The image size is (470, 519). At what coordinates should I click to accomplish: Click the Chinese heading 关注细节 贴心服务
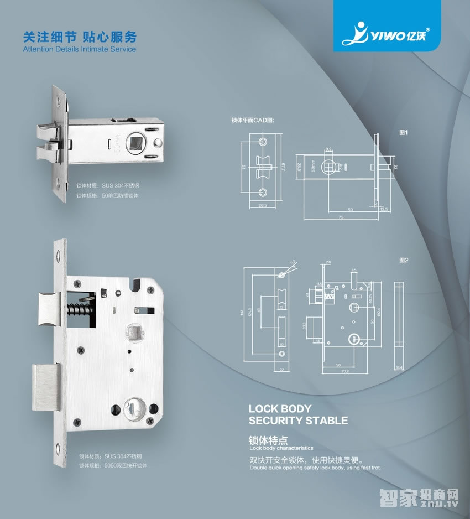pos(79,37)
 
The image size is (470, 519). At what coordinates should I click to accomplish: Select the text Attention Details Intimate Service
pos(79,49)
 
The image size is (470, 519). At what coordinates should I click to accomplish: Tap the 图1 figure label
pos(403,133)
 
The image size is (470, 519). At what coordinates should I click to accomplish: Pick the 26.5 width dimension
pos(262,205)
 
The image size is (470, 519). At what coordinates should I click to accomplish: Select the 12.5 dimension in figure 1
pos(385,209)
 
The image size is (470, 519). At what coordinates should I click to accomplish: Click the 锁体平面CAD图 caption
pos(253,120)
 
